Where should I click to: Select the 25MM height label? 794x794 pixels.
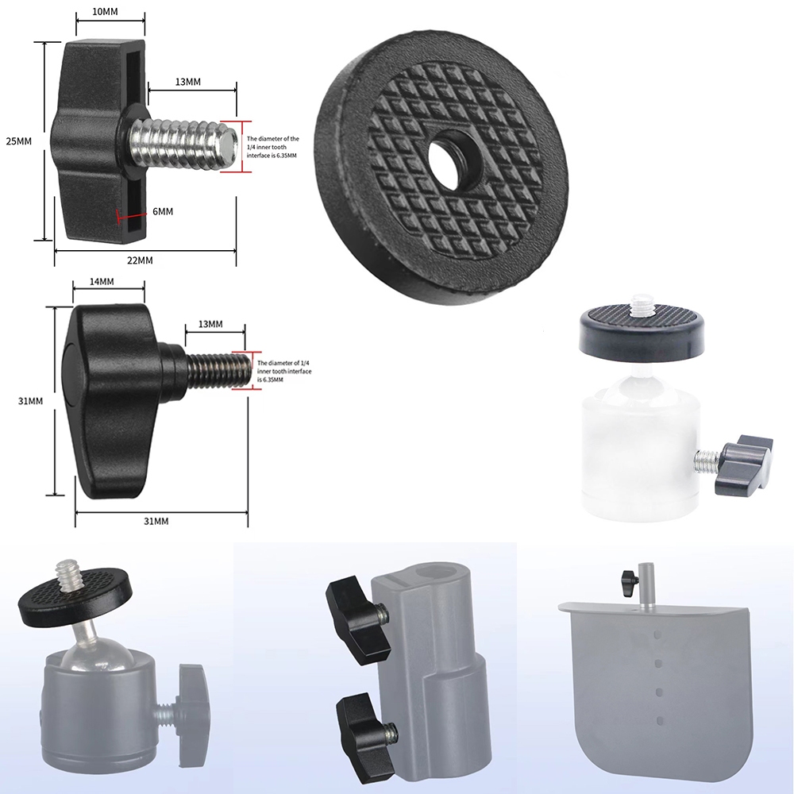(18, 141)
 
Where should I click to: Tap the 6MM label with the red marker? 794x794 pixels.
(163, 211)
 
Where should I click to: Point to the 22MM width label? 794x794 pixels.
(140, 261)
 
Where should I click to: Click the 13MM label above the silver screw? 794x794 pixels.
(187, 83)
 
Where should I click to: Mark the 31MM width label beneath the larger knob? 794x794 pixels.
(156, 521)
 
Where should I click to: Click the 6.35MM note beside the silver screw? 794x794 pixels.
(272, 147)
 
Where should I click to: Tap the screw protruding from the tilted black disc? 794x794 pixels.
(67, 575)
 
